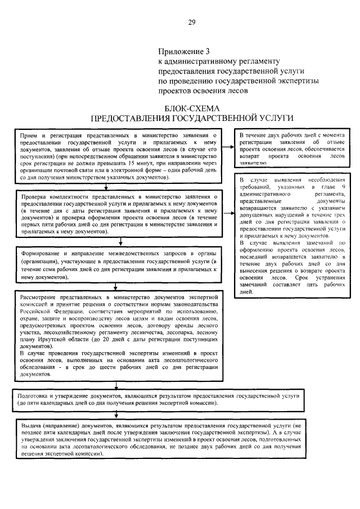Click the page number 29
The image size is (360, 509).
coord(192,22)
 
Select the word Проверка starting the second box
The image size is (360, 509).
coord(37,197)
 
